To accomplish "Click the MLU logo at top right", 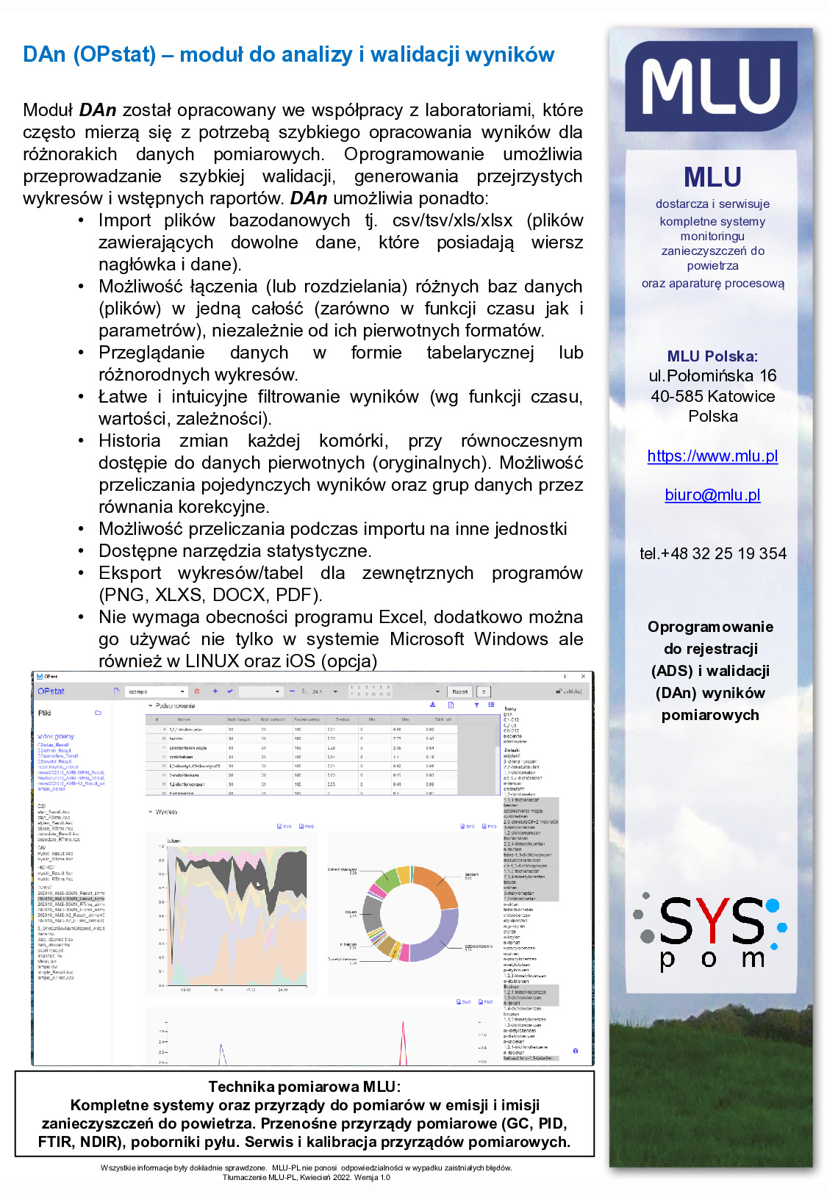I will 711,86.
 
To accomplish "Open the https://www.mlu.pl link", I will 712,456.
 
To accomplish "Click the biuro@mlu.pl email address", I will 712,494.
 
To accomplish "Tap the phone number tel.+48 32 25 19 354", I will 712,553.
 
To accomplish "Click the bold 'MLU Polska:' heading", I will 712,356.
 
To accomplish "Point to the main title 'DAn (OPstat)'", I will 89,54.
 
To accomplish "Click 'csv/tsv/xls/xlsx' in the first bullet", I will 452,220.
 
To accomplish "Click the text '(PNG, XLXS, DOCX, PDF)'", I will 211,594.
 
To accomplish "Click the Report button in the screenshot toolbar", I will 460,691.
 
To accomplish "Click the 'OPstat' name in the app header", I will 51,691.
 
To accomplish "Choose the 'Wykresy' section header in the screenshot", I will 166,812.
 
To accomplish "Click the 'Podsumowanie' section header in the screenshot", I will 175,706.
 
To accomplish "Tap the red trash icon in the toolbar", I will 196,691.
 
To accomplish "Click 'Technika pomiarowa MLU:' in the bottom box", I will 304,1087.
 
